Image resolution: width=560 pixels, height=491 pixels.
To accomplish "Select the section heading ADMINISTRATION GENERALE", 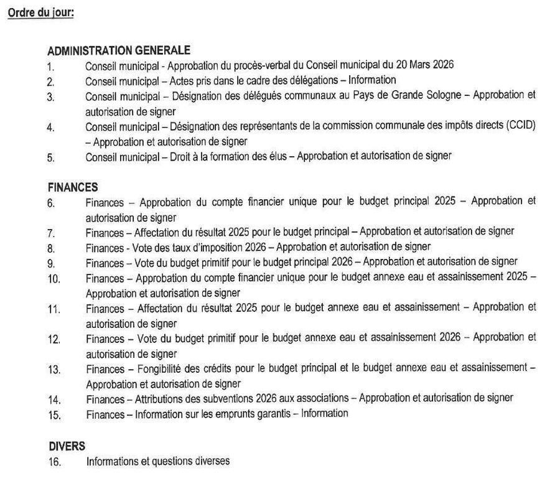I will (119, 50).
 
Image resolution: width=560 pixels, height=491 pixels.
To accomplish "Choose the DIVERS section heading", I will (67, 446).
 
